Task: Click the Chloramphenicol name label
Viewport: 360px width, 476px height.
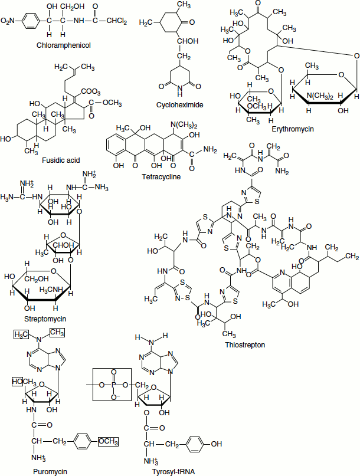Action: [x=63, y=45]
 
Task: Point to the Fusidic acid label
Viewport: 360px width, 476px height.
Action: [x=61, y=160]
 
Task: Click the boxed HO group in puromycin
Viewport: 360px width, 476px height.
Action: [x=17, y=382]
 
